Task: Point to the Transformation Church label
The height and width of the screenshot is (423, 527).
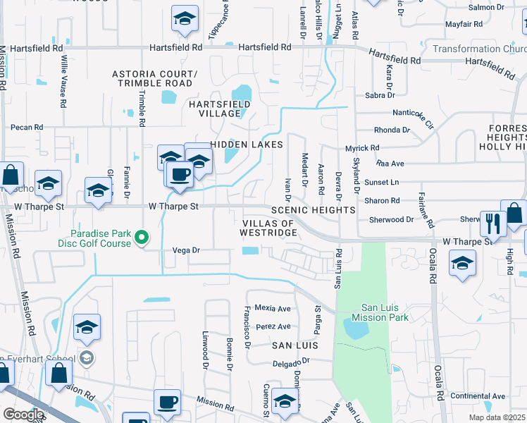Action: tap(479, 49)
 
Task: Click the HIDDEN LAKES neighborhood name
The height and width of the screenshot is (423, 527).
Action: tap(247, 145)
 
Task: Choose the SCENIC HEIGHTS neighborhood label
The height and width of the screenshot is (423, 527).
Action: tap(314, 210)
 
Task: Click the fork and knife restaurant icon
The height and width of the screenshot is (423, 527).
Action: tap(492, 223)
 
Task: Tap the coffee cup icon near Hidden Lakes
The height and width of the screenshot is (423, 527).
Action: tap(180, 173)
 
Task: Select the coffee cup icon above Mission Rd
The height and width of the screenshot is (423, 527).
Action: tap(167, 402)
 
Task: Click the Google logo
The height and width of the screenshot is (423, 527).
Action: tap(23, 414)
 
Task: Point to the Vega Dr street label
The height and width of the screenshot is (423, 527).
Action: tap(187, 250)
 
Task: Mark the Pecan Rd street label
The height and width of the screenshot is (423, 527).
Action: tap(27, 128)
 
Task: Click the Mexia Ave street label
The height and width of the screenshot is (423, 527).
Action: tap(273, 308)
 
